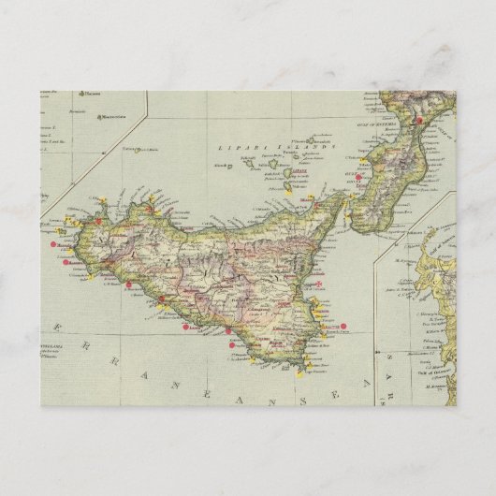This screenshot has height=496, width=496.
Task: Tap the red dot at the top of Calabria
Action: pos(420,121)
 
